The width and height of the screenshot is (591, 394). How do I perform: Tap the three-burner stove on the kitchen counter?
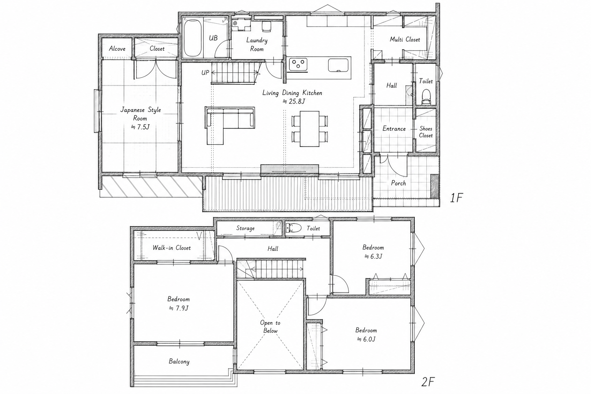point(298,65)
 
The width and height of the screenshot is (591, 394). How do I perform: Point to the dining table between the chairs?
point(309,129)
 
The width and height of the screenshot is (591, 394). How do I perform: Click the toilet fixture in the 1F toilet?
point(426,97)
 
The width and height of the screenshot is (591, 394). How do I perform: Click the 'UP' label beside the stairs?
point(205,73)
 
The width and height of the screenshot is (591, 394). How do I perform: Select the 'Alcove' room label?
point(117,49)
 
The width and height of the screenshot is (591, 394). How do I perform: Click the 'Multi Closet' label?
point(405,40)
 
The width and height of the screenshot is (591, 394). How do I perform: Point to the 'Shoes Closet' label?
point(426,132)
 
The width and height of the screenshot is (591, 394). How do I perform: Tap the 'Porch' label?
point(398,183)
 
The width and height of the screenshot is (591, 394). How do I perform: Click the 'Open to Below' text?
point(270,327)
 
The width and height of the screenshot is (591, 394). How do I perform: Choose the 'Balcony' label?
point(179,361)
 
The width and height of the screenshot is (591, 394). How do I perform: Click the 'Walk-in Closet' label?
point(172,248)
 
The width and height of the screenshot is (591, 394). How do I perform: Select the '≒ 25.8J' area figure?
point(294,101)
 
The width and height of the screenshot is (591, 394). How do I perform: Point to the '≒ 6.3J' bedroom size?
point(373,256)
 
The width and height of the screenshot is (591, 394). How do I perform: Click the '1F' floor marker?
point(456,198)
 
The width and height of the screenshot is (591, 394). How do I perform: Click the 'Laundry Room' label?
point(257,45)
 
